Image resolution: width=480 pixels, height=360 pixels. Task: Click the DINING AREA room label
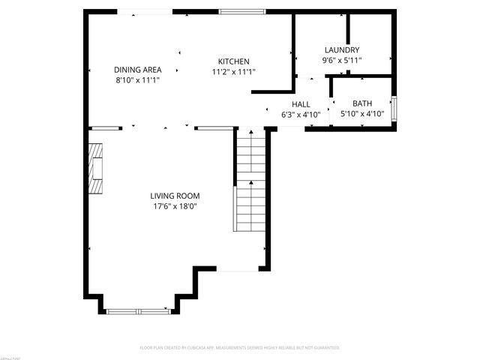coord(138,69)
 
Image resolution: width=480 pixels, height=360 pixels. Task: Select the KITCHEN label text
coord(233,61)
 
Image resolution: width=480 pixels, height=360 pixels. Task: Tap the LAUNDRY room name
coord(342,50)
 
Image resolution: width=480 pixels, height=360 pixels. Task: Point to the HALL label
coord(301,105)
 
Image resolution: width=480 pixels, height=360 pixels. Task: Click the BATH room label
coord(362,104)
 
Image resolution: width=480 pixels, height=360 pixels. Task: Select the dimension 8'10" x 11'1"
coord(138,79)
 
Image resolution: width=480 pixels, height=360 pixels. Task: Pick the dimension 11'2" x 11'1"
coord(233,72)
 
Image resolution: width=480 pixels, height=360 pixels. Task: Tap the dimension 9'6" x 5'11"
coord(342,60)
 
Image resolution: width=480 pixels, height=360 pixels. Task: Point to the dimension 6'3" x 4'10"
coord(301,115)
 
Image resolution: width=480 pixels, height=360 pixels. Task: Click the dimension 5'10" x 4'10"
coord(362,115)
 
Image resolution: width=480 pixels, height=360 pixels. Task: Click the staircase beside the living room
coord(251,187)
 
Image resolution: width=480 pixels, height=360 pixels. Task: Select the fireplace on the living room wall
coord(95,169)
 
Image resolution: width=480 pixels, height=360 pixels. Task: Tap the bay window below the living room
coord(139,310)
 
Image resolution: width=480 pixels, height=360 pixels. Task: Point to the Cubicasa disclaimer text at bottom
coord(240,348)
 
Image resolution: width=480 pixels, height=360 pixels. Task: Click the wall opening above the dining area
coord(145,12)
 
